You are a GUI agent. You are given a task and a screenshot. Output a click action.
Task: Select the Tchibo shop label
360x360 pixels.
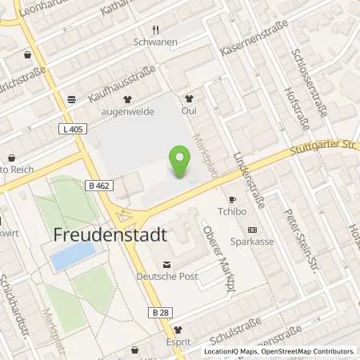[231, 213]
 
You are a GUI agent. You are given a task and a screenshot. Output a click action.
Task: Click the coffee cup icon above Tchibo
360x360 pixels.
[233, 199]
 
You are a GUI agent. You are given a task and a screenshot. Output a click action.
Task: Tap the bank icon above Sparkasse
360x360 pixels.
[252, 228]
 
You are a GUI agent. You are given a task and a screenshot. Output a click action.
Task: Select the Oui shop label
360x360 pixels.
[189, 111]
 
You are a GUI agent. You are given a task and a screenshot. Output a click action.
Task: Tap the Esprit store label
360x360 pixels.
[177, 342]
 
